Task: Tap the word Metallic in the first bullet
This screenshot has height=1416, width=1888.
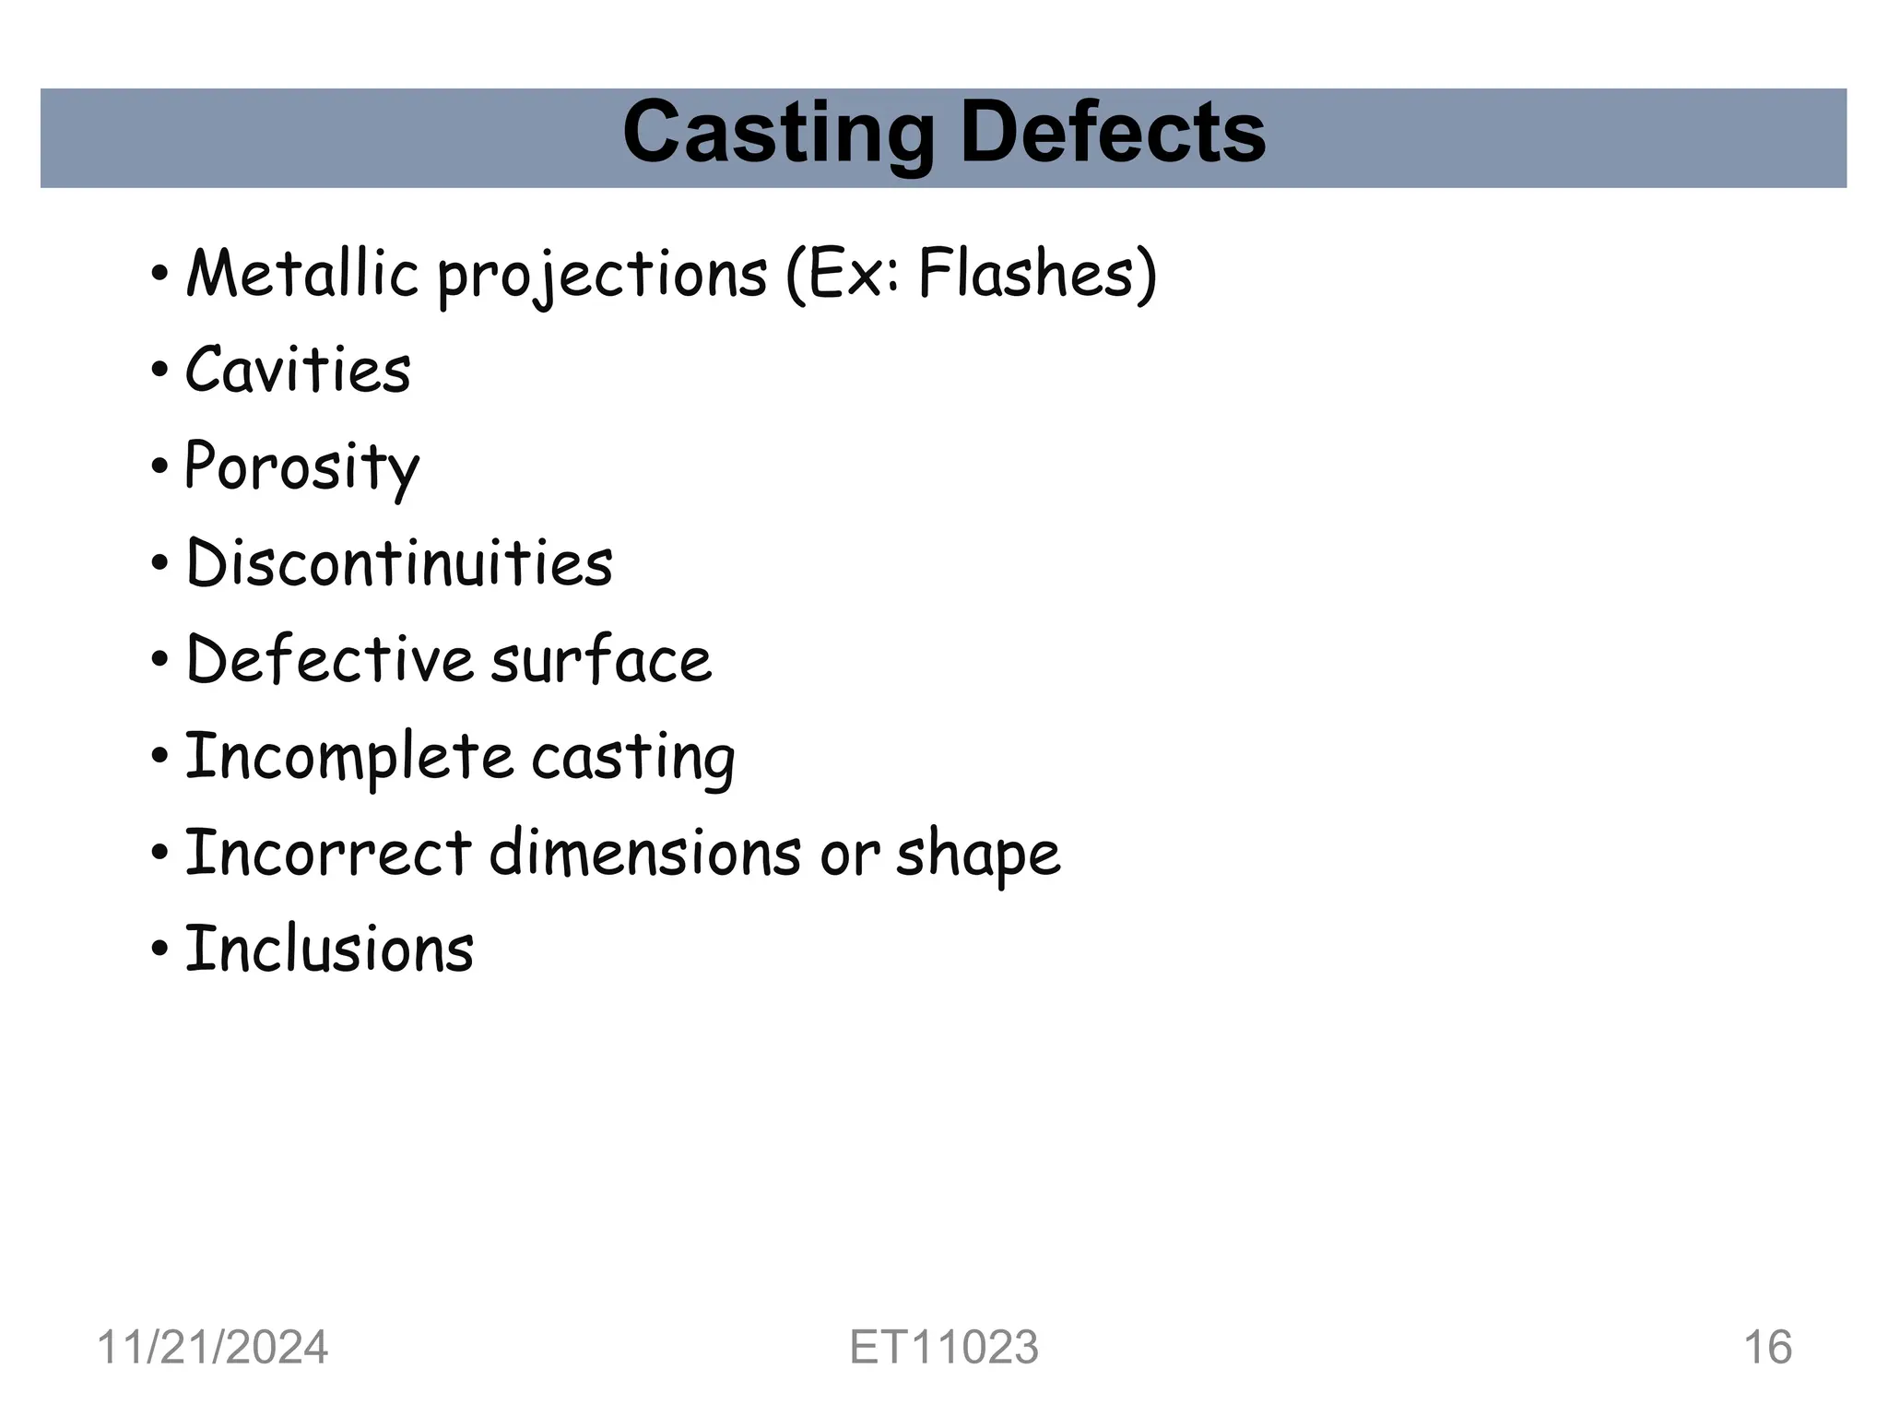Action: (302, 274)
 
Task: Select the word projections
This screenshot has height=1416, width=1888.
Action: (602, 276)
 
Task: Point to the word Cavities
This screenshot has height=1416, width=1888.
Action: (298, 370)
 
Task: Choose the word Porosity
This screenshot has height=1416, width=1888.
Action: (301, 467)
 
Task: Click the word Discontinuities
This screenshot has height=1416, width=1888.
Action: (399, 563)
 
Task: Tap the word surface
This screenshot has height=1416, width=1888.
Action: (601, 660)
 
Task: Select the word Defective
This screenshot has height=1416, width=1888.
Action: (329, 660)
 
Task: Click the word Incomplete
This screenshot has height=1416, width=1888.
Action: (348, 757)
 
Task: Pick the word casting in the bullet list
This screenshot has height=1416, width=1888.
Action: (633, 759)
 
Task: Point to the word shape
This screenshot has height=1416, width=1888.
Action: (978, 855)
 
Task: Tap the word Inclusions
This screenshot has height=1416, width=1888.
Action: (329, 950)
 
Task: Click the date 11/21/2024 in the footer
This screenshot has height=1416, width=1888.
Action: (212, 1348)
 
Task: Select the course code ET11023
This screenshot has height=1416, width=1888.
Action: (944, 1348)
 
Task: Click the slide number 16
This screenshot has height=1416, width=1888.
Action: (1767, 1348)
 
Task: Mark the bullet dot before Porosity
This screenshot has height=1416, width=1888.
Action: (159, 467)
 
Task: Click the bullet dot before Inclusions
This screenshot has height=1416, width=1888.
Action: (159, 950)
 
